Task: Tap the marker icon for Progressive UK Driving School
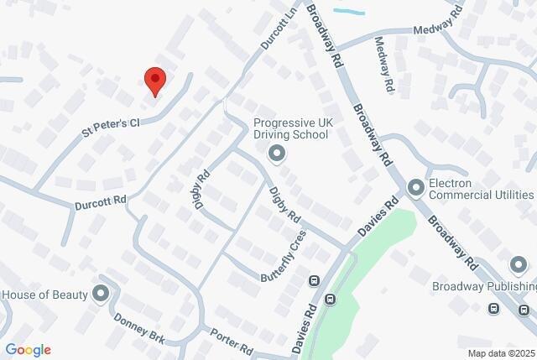tap(276, 154)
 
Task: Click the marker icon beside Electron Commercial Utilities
tap(415, 186)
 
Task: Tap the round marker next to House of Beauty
tap(102, 294)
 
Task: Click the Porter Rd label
tap(232, 342)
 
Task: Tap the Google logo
tap(28, 350)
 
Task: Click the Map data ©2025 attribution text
tap(501, 353)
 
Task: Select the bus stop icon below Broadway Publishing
tap(493, 308)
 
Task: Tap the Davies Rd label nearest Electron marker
tap(382, 215)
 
